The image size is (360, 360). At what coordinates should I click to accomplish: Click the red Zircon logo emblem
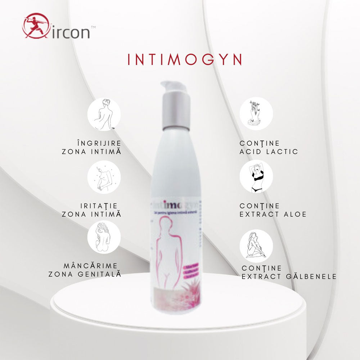(35, 26)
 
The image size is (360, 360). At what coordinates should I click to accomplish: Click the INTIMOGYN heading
(185, 59)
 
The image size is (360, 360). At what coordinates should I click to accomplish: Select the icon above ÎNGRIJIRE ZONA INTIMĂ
(104, 114)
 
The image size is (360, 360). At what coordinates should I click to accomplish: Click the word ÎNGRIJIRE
(99, 143)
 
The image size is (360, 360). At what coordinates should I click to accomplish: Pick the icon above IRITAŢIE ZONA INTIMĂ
(104, 177)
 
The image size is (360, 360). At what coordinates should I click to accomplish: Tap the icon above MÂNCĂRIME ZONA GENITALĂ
(104, 237)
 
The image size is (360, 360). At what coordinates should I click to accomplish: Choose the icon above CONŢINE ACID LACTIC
(256, 114)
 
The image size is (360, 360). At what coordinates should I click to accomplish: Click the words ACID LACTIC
(269, 152)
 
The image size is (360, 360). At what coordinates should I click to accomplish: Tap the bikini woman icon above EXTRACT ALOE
(256, 176)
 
